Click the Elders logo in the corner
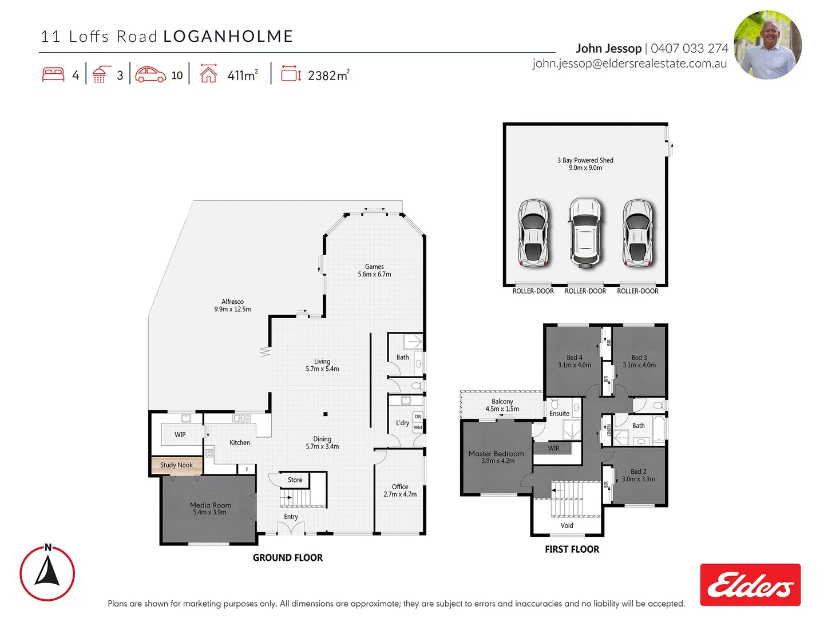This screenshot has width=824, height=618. click(x=750, y=585)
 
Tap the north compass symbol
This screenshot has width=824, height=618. click(x=47, y=573)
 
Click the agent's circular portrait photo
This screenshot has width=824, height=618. click(x=767, y=45)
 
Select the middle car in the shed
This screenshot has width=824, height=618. click(x=585, y=233)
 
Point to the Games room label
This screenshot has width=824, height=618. click(x=374, y=270)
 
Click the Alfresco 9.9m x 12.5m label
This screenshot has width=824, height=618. click(x=232, y=306)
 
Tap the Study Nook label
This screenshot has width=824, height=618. click(x=176, y=465)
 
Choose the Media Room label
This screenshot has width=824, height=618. click(x=210, y=509)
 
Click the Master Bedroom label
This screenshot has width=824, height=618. click(x=496, y=457)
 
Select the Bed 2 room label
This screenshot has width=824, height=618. click(x=638, y=476)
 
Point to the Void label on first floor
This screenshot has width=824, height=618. click(x=566, y=525)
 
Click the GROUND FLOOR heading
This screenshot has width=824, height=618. click(x=287, y=557)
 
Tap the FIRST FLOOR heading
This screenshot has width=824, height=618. click(x=572, y=549)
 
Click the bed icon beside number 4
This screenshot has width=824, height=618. click(x=53, y=75)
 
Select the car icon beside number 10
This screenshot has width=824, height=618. click(x=150, y=75)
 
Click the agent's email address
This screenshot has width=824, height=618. click(x=629, y=64)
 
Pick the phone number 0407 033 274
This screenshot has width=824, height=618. click(x=690, y=49)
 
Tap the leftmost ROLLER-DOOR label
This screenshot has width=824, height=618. click(x=533, y=291)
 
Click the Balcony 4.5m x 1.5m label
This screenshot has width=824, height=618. click(x=502, y=405)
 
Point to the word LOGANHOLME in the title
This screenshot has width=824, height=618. click(x=228, y=37)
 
